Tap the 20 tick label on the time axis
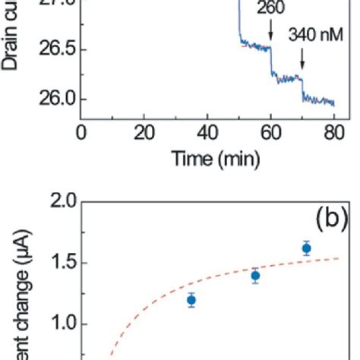pyautogui.click(x=144, y=131)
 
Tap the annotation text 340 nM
pyautogui.click(x=313, y=35)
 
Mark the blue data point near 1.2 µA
pyautogui.click(x=191, y=300)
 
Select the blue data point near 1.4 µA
pyautogui.click(x=255, y=276)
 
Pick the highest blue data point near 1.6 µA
pyautogui.click(x=307, y=248)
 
